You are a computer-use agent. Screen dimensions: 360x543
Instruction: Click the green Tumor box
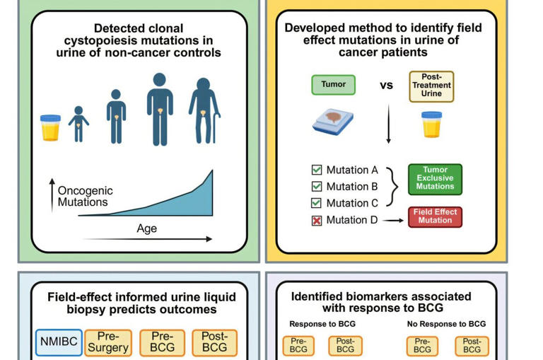click(333, 85)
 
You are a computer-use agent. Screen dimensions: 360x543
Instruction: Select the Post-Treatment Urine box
click(431, 86)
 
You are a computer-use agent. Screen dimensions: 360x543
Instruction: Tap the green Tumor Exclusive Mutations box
click(435, 179)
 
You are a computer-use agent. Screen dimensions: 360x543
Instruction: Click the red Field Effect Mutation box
click(435, 216)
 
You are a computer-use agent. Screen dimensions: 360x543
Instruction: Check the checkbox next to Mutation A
click(317, 170)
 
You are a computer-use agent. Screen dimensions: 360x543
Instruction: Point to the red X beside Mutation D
click(317, 221)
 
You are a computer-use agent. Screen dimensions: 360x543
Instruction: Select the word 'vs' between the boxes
click(387, 86)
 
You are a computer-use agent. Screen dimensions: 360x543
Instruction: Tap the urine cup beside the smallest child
click(51, 127)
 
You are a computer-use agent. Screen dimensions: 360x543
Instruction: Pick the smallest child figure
click(78, 125)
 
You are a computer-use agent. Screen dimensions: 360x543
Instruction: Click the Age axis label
click(147, 228)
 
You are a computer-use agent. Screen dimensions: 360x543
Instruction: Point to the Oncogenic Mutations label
click(85, 197)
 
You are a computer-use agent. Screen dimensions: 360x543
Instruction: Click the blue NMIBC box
click(59, 342)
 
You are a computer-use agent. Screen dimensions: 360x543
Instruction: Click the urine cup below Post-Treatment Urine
click(431, 124)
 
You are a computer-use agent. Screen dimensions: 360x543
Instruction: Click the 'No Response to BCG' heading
click(446, 324)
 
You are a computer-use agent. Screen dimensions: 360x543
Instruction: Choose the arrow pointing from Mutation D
click(392, 221)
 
